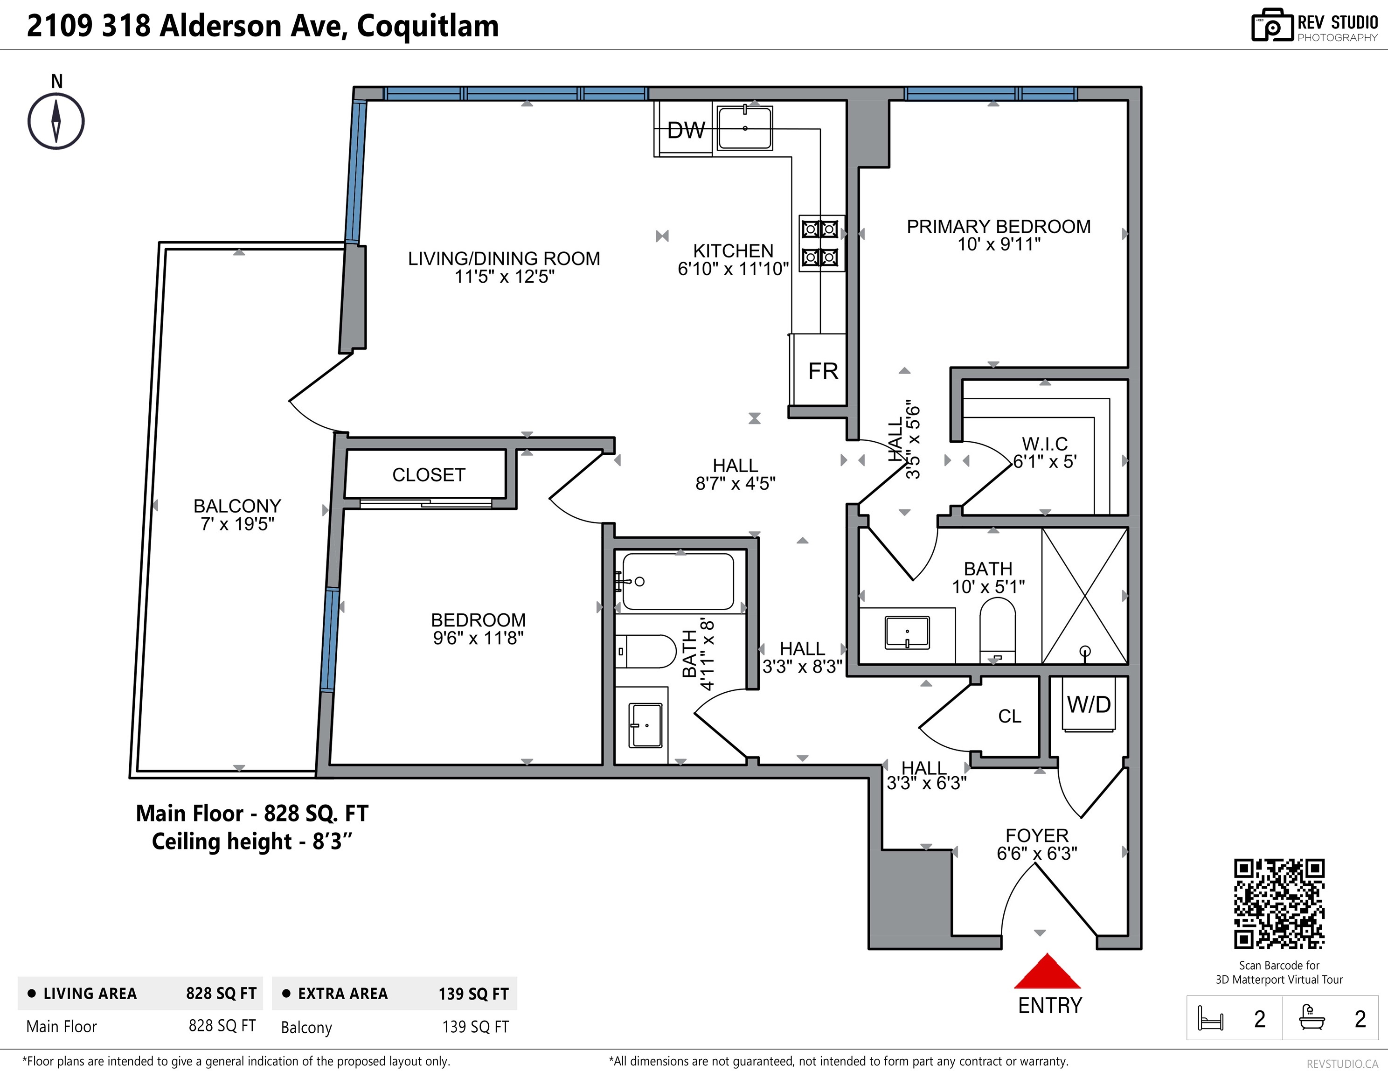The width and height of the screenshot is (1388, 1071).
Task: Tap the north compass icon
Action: point(56,121)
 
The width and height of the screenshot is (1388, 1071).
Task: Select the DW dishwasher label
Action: point(686,130)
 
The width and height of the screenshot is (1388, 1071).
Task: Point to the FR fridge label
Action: point(823,371)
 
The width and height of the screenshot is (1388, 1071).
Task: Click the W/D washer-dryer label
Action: point(1089,704)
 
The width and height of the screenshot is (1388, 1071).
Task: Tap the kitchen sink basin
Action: point(745,128)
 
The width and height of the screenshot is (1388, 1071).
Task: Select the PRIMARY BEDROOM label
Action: point(999,226)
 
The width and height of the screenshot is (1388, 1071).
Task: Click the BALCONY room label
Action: point(237,506)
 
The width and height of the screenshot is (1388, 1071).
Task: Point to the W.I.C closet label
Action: point(1045,444)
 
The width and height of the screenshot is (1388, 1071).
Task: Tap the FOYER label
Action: point(1036,835)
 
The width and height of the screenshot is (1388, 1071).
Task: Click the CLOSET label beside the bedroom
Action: point(428,475)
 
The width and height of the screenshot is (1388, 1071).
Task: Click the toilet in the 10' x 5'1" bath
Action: point(997,630)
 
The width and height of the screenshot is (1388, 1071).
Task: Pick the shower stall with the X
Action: point(1085,596)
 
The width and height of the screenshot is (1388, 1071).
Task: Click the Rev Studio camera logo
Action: point(1272,26)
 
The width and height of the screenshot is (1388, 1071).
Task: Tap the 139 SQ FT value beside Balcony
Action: point(475,1027)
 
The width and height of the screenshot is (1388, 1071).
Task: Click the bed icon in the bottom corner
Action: point(1210,1018)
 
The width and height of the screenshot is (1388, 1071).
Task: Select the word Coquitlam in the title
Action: point(428,27)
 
